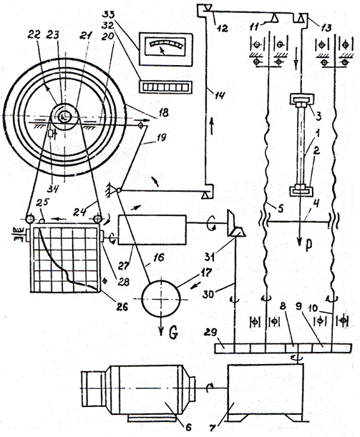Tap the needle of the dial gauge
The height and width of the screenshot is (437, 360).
(x=162, y=51)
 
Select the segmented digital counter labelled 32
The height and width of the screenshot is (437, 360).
(x=165, y=87)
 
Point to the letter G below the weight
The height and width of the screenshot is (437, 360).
(x=173, y=333)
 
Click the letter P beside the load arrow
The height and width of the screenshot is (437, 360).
(x=308, y=245)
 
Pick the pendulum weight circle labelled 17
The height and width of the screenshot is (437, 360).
(x=160, y=298)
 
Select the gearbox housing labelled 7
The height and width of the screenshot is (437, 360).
(x=266, y=393)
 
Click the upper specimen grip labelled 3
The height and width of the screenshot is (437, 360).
(x=302, y=100)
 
